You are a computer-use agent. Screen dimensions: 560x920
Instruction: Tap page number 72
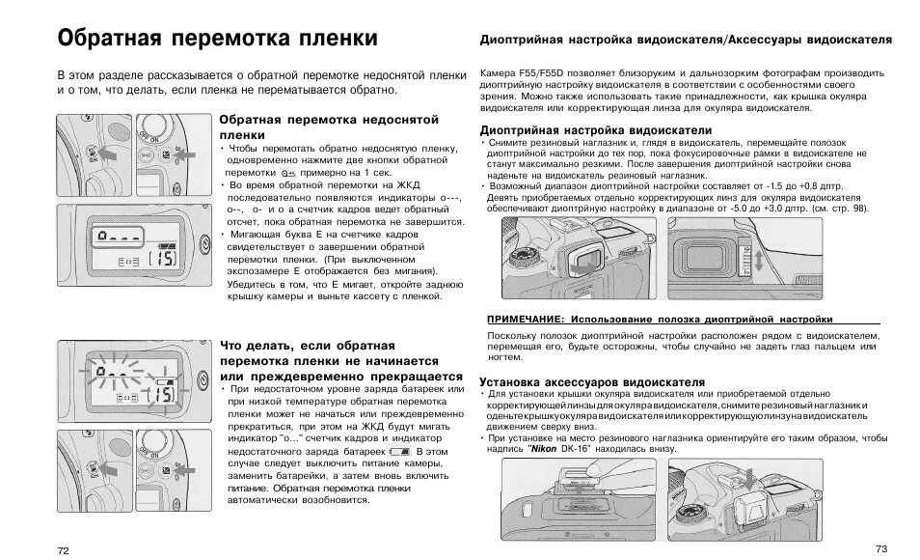pyautogui.click(x=64, y=549)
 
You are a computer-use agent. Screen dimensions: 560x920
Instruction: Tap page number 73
pyautogui.click(x=879, y=547)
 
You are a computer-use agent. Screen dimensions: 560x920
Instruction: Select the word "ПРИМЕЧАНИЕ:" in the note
pyautogui.click(x=525, y=319)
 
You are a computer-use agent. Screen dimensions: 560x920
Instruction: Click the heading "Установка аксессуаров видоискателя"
pyautogui.click(x=592, y=381)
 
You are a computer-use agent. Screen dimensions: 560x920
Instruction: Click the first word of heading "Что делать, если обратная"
pyautogui.click(x=236, y=345)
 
